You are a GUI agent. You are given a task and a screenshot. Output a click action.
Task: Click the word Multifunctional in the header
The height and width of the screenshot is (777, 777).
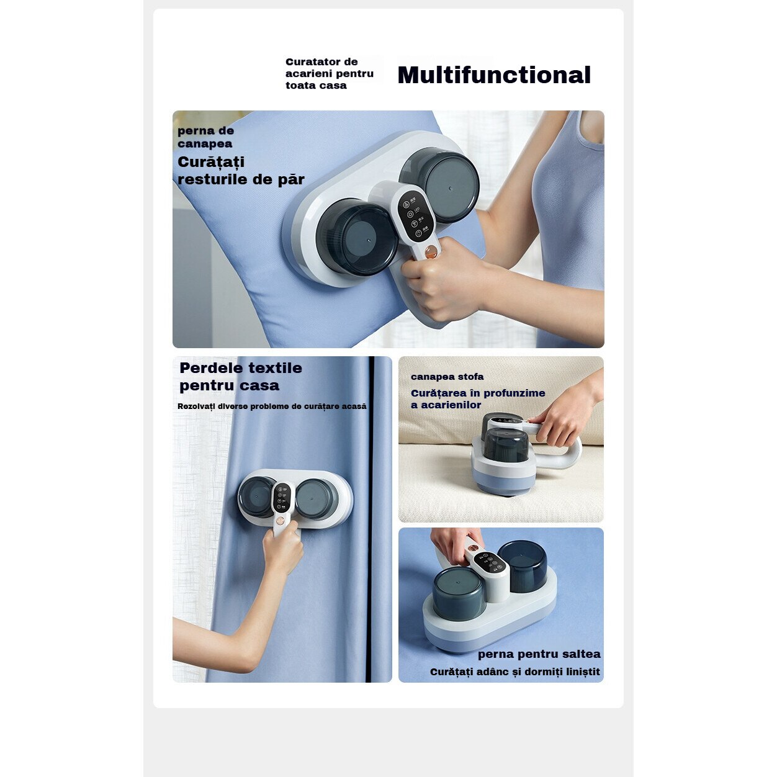pyautogui.click(x=494, y=75)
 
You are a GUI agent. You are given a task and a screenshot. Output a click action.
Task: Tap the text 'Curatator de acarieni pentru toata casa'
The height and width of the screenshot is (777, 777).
pyautogui.click(x=330, y=73)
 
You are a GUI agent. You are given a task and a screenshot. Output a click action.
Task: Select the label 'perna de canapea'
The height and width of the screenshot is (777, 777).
pyautogui.click(x=205, y=137)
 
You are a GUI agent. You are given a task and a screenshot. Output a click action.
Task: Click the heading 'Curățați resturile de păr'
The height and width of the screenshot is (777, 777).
pyautogui.click(x=241, y=171)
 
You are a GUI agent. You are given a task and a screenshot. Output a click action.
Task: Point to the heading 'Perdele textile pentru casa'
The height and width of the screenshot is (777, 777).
pyautogui.click(x=241, y=376)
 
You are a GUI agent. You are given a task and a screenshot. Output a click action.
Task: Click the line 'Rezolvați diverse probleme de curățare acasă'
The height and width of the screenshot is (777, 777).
pyautogui.click(x=272, y=406)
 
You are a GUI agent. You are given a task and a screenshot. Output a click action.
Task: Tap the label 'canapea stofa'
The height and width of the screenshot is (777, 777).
pyautogui.click(x=447, y=377)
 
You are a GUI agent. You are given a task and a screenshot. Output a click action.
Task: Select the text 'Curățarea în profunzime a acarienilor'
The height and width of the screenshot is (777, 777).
pyautogui.click(x=478, y=399)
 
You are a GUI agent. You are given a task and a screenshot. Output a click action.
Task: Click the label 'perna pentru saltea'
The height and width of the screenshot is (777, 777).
pyautogui.click(x=539, y=654)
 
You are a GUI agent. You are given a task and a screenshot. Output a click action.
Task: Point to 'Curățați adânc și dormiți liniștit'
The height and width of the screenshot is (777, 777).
pyautogui.click(x=515, y=671)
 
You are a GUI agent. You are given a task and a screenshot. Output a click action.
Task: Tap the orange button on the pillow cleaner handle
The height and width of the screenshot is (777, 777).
pyautogui.click(x=431, y=251)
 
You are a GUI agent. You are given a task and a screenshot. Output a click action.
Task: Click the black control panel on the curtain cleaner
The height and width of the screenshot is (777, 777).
pyautogui.click(x=282, y=497)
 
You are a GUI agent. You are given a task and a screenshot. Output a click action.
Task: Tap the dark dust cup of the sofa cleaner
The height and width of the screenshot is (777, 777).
pyautogui.click(x=505, y=445)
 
